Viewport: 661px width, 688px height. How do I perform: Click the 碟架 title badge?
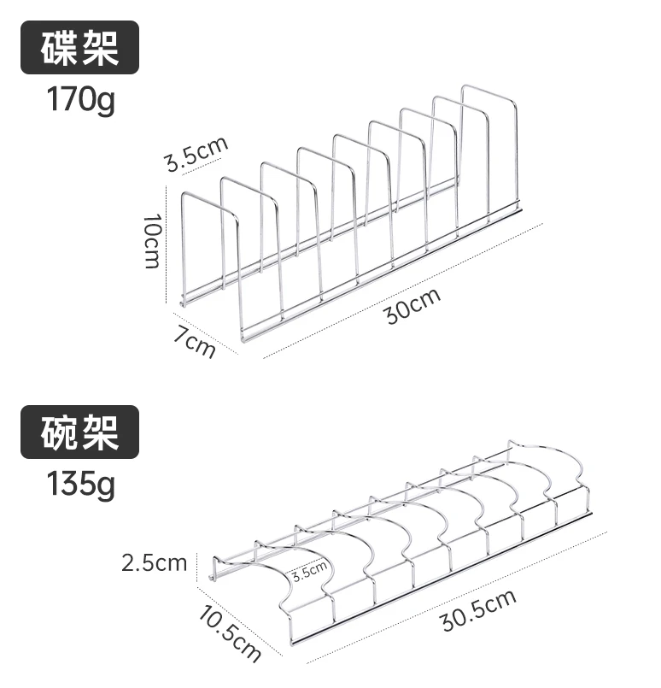[79, 47]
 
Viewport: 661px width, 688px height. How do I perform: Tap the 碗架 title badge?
[79, 432]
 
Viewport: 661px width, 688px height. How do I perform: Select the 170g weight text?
[81, 101]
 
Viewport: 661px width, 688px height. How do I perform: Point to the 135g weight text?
[81, 485]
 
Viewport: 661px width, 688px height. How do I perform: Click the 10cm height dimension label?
[153, 242]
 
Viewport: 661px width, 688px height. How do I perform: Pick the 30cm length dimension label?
[412, 305]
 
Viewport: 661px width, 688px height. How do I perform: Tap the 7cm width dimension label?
[195, 342]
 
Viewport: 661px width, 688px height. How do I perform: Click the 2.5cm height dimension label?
[154, 563]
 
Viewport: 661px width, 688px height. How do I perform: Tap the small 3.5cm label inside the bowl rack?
[309, 570]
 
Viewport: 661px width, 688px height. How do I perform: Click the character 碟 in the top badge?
[60, 47]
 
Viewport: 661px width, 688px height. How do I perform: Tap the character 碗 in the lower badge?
[60, 432]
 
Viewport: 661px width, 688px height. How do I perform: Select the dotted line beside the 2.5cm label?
[197, 565]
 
